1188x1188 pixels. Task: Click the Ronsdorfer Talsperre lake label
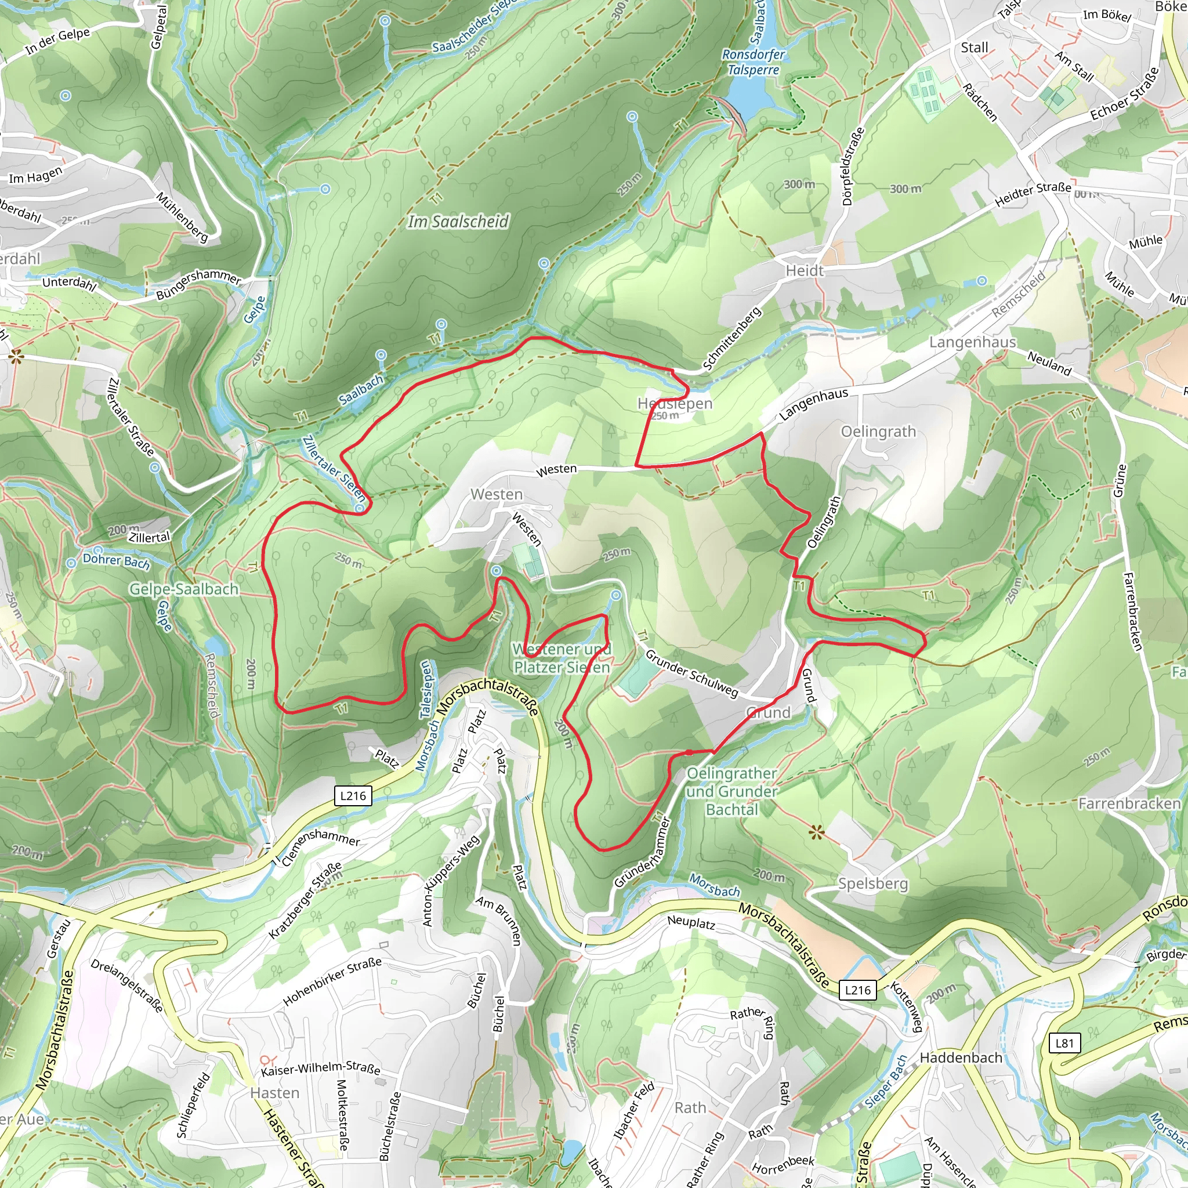[754, 62]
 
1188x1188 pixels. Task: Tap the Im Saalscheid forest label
[458, 222]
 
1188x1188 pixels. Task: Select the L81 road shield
[1064, 1043]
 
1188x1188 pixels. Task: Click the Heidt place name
[805, 270]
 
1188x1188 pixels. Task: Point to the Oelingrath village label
[878, 432]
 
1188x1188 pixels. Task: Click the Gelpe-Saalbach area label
[184, 589]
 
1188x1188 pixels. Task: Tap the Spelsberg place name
[872, 883]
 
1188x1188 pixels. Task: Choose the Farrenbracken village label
[1129, 803]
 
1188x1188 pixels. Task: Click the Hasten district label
[275, 1093]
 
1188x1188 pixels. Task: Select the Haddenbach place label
[961, 1057]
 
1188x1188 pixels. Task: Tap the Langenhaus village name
[972, 342]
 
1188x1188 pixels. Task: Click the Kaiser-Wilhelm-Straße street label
[320, 1068]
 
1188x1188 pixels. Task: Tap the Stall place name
[975, 48]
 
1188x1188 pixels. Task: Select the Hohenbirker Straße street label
[332, 982]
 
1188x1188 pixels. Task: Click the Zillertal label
[150, 537]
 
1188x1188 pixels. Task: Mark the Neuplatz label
[690, 922]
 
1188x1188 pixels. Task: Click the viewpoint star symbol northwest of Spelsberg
[816, 834]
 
